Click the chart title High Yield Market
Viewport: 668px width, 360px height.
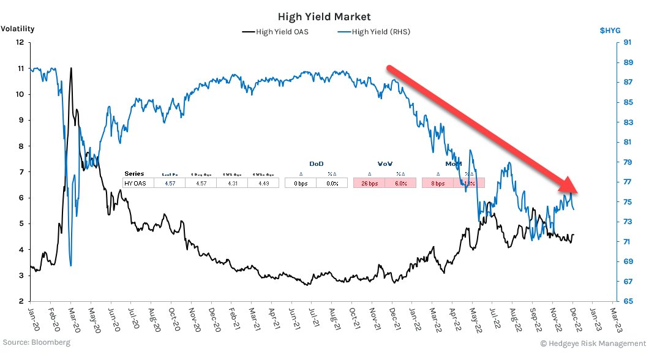pos(333,17)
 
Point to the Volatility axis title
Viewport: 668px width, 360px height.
pos(17,29)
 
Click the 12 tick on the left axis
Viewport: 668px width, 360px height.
pos(20,42)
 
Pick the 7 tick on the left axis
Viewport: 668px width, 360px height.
pos(21,172)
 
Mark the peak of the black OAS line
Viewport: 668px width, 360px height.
pos(71,68)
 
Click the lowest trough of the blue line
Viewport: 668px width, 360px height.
pos(71,265)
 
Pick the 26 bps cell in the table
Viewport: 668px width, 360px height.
pos(369,182)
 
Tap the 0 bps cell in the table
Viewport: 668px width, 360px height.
pos(300,182)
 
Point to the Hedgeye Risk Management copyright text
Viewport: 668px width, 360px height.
pos(593,343)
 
